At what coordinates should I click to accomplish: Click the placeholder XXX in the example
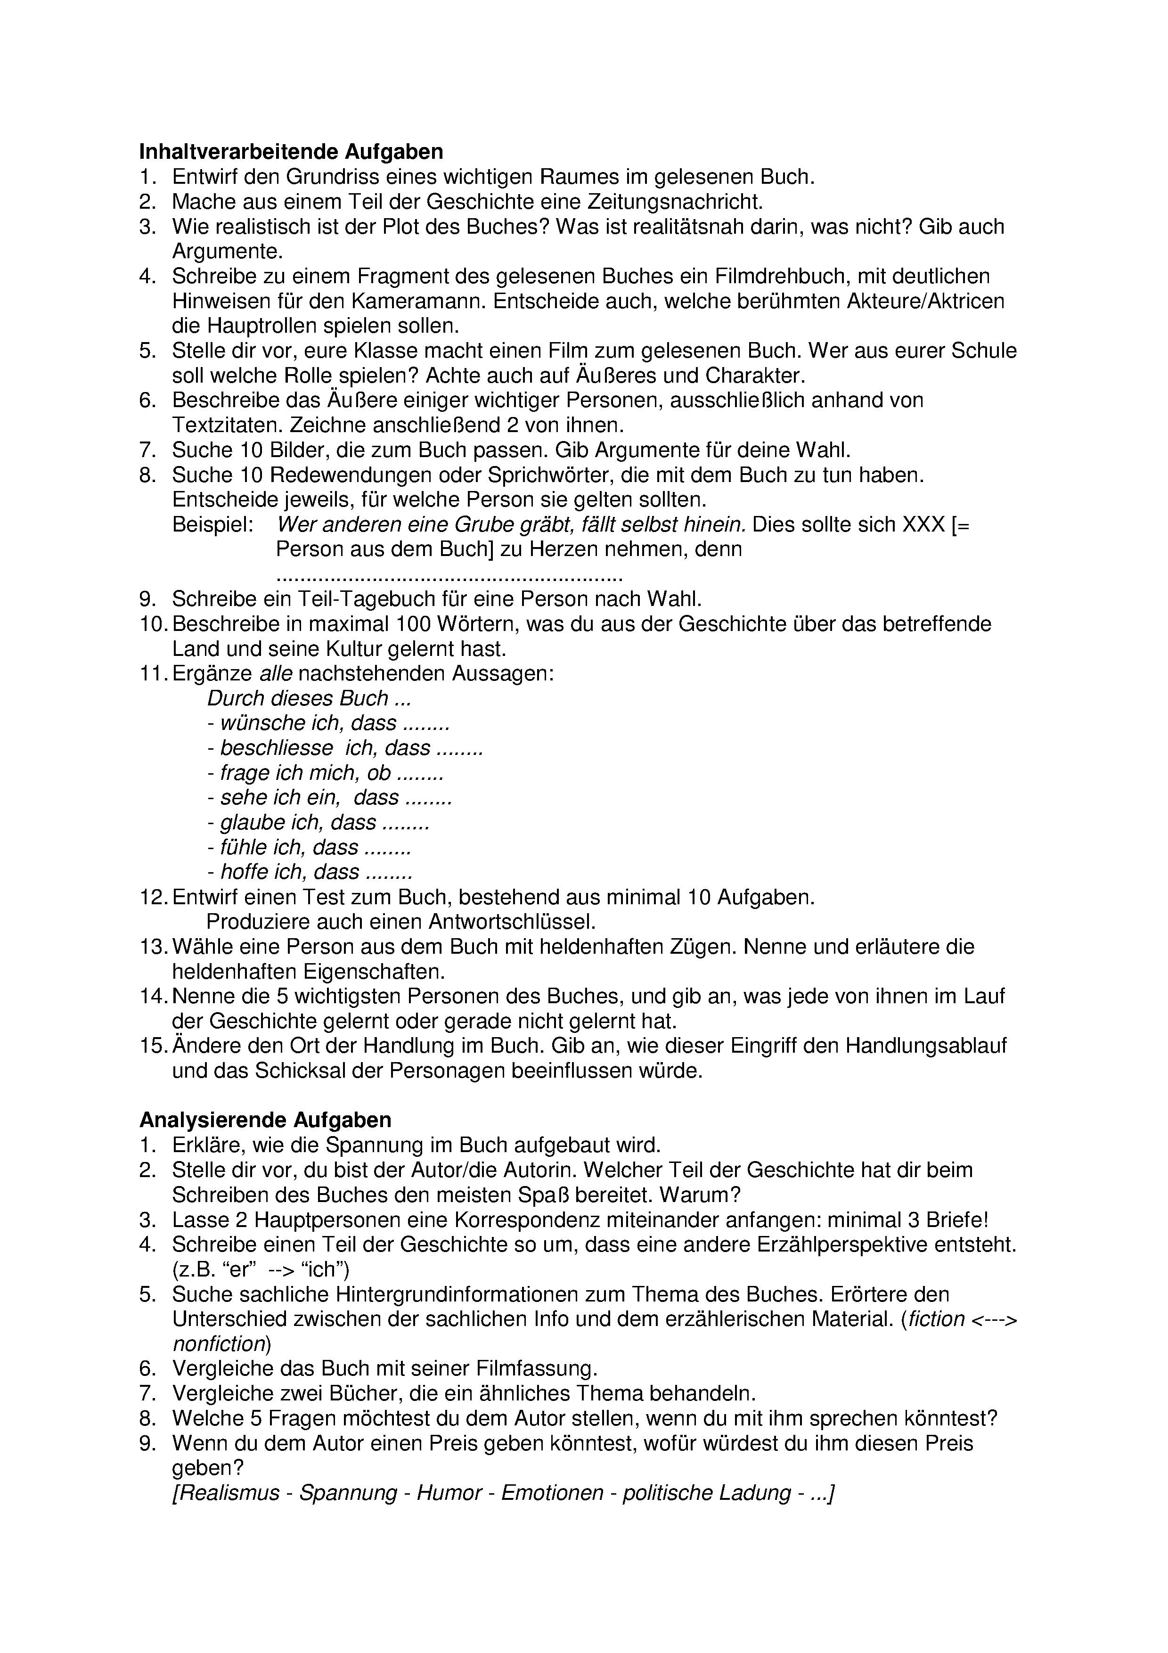pyautogui.click(x=923, y=525)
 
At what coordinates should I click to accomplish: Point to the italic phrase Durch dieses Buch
pyautogui.click(x=298, y=698)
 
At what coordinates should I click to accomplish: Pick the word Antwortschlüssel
pyautogui.click(x=512, y=922)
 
